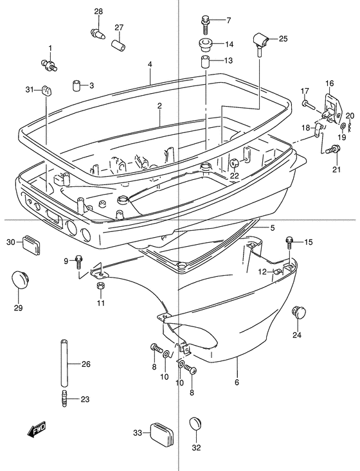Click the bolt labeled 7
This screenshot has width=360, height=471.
point(205,26)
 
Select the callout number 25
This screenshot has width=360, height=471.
point(283,39)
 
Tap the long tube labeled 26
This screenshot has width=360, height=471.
point(64,362)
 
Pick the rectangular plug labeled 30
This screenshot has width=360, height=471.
point(31,245)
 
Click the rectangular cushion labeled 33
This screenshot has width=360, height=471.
point(163,433)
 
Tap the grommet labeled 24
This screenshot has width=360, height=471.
point(298,312)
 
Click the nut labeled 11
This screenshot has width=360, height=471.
point(101,285)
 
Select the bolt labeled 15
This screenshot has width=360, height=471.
point(289,242)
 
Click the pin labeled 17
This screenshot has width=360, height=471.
point(309,105)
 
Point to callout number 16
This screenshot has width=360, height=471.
point(329,83)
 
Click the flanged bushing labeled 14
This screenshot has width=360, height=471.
point(205,44)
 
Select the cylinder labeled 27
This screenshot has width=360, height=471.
point(119,44)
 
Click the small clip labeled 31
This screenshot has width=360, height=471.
point(46,90)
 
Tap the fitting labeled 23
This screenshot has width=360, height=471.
point(64,398)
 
